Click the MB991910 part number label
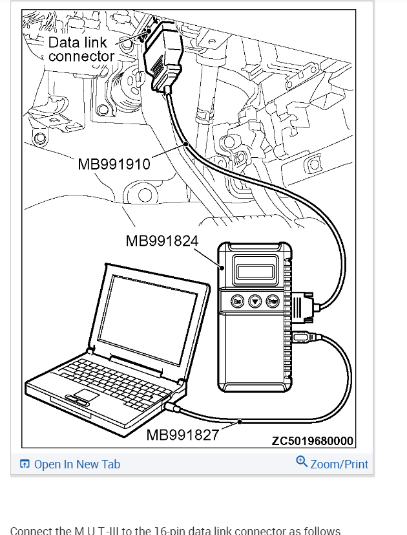pos(114,164)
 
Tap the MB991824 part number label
pos(162,241)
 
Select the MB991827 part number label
pos(183,434)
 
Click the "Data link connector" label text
pos(81,49)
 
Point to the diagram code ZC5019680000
pos(313,441)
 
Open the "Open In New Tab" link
pos(77,464)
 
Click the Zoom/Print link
pos(339,464)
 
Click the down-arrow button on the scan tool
pos(255,302)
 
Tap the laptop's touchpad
pos(85,395)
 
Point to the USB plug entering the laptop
pos(172,407)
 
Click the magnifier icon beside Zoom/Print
pos(302,462)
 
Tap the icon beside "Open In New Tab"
pos(25,464)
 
